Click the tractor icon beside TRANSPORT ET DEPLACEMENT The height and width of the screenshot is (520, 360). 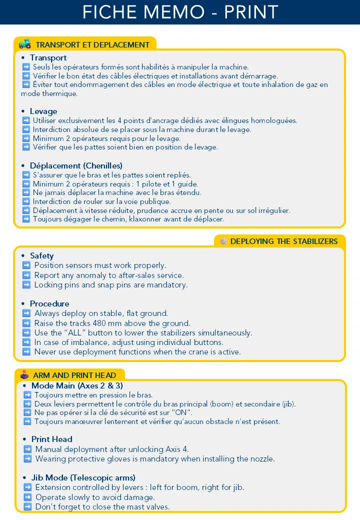point(24,44)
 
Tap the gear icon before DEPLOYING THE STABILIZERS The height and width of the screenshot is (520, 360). point(223,241)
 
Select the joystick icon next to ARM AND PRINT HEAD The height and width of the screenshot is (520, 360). point(24,374)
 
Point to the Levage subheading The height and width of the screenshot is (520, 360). point(43,111)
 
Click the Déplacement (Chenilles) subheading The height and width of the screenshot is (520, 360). point(76,165)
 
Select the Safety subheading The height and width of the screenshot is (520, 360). point(41,255)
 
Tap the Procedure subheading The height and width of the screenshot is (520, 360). point(49,303)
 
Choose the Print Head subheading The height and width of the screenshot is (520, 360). point(52,439)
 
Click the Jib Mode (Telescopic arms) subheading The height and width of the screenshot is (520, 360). point(83,477)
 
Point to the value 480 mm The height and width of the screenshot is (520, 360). point(104,323)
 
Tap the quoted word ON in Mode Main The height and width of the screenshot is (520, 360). point(181,412)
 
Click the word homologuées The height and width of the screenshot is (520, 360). point(274,120)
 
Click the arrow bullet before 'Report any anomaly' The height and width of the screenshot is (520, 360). point(26,275)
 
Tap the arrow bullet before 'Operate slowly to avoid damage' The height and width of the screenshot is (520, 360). point(28,497)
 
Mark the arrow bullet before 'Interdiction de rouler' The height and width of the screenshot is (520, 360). point(26,201)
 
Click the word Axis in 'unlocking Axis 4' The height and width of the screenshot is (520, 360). point(173,449)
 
